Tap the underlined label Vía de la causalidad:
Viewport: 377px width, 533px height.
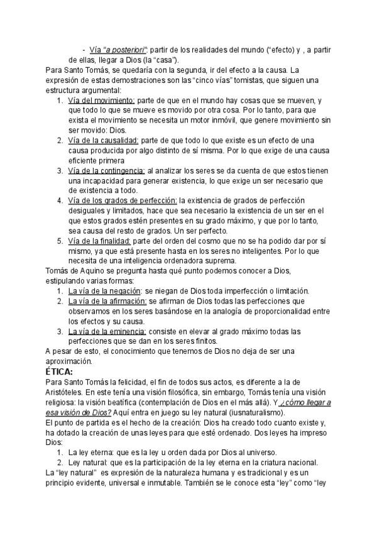[x=104, y=140]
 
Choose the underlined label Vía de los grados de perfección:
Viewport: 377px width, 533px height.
[x=122, y=200]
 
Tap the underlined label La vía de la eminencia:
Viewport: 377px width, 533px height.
[x=107, y=331]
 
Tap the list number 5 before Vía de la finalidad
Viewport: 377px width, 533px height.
[x=59, y=241]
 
